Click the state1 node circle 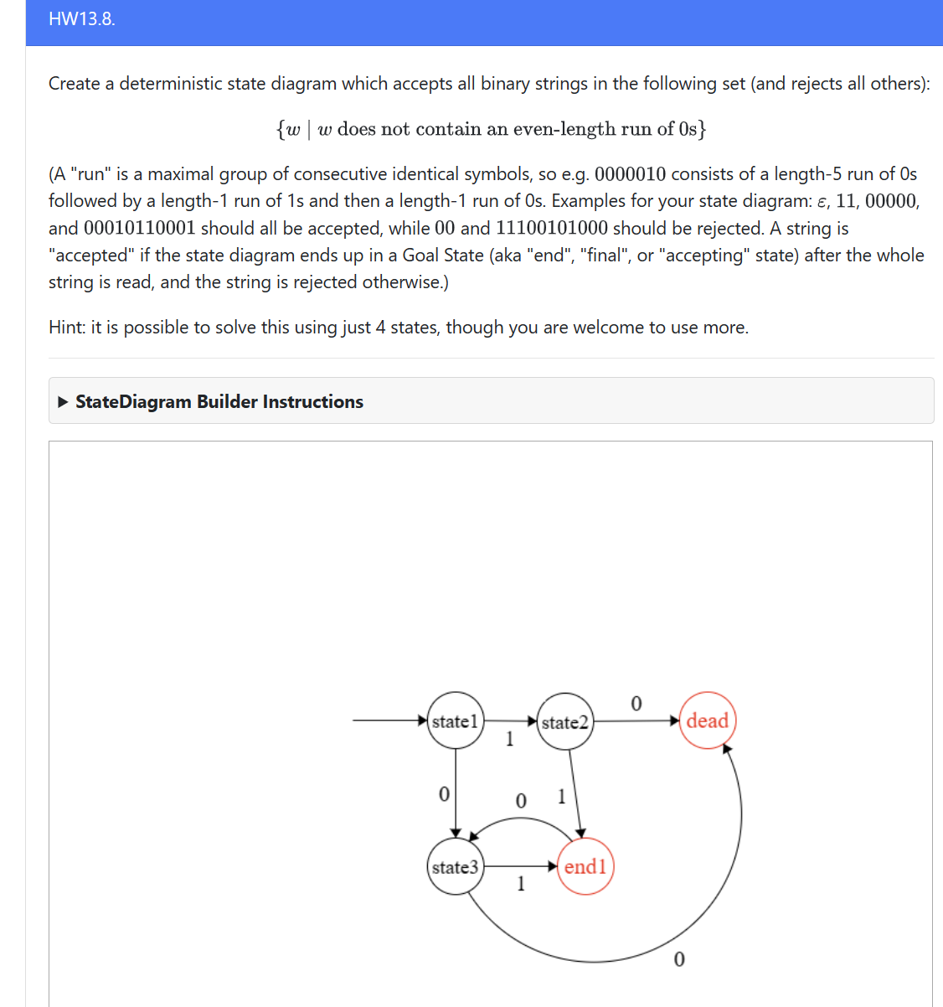coord(456,720)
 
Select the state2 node coord(564,722)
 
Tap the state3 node coord(455,867)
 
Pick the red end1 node coord(585,866)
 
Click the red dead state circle coord(708,720)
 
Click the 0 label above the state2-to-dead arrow coord(636,704)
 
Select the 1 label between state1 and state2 coord(509,739)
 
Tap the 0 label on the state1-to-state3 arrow coord(444,793)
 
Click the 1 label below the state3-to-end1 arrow coord(521,883)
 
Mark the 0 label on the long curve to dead coord(678,959)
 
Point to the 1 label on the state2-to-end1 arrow coord(561,796)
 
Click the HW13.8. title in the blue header coord(82,19)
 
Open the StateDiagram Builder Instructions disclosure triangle coord(63,402)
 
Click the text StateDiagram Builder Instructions coord(219,402)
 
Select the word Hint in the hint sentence coord(65,328)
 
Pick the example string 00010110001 coord(139,229)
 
